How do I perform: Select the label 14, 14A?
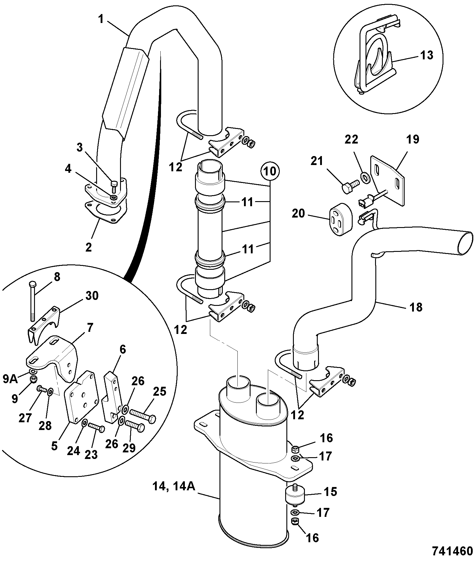click(174, 486)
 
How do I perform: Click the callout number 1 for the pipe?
click(101, 20)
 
